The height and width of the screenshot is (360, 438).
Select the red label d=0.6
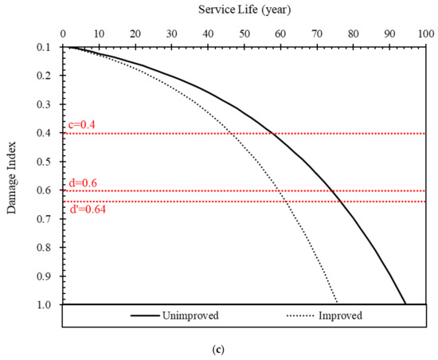tap(82, 182)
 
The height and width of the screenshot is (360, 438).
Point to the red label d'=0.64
tap(85, 209)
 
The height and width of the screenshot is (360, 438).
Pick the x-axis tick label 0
tap(62, 34)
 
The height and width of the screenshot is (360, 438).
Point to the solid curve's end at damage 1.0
tap(406, 304)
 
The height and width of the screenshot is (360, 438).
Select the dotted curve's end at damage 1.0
tap(338, 304)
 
